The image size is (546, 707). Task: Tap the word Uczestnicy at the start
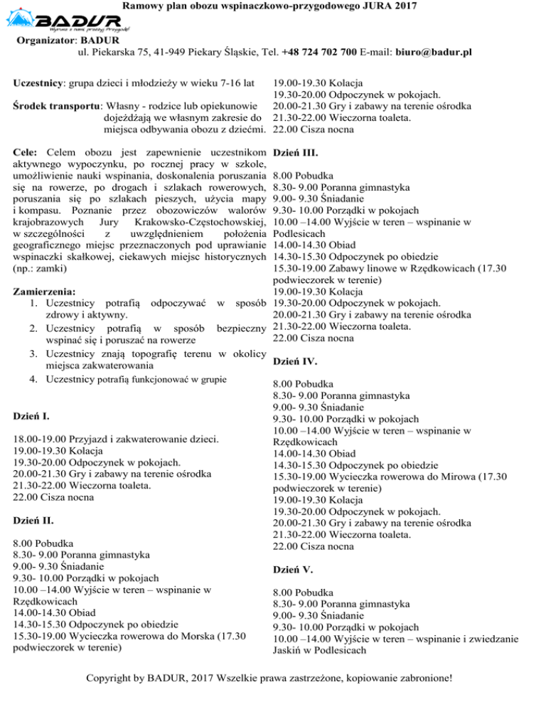[x=38, y=83]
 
